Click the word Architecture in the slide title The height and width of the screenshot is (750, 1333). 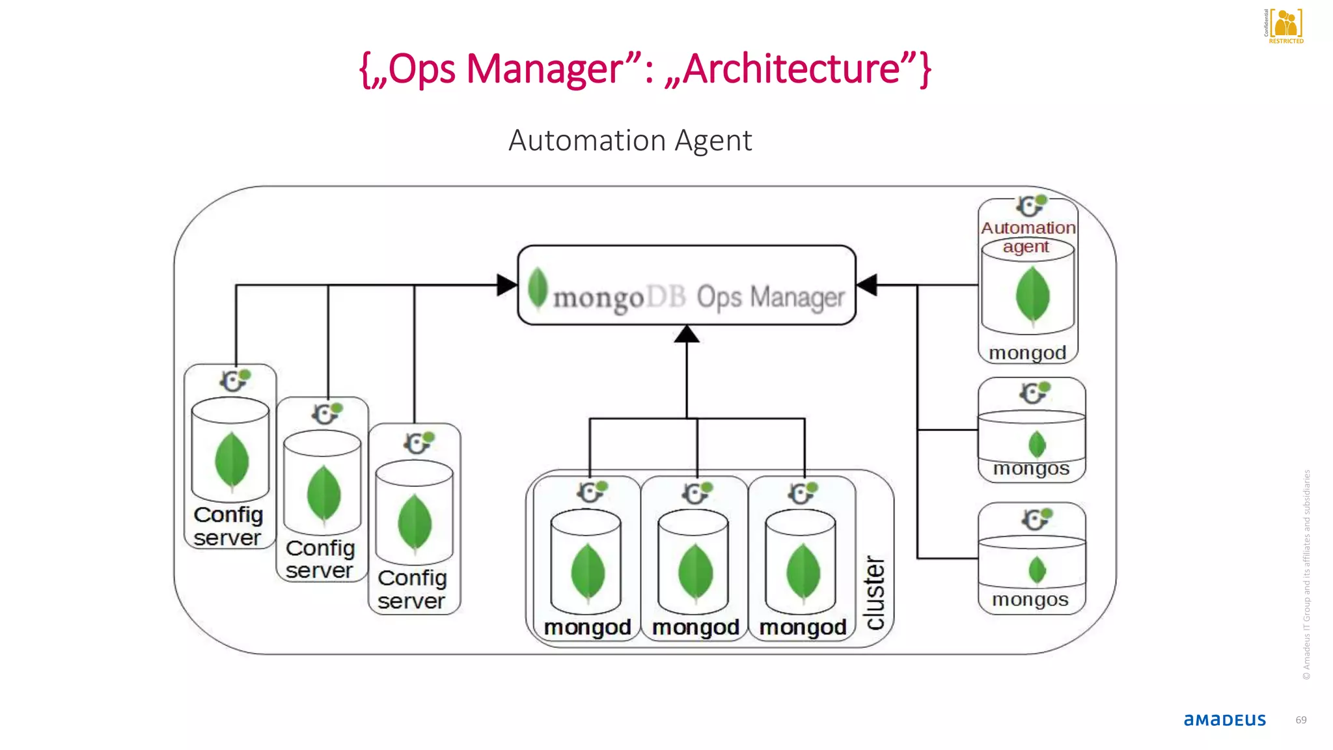(x=791, y=69)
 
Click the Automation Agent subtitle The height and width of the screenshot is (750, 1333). (x=629, y=141)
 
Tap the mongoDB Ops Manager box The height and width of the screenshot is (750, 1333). (x=686, y=285)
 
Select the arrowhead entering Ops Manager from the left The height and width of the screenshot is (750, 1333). (x=506, y=285)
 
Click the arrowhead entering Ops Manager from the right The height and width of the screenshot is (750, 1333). (x=867, y=285)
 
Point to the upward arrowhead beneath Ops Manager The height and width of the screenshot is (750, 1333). (x=686, y=334)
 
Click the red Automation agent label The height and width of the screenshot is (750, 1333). (x=1028, y=236)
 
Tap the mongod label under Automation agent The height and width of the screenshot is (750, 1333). (x=1027, y=353)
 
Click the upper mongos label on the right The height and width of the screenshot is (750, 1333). (x=1031, y=469)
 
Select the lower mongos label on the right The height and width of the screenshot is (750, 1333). (x=1030, y=600)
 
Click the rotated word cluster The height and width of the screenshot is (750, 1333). (x=875, y=592)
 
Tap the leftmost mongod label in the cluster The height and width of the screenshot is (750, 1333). (x=587, y=627)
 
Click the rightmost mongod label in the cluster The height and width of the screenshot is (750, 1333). (x=803, y=627)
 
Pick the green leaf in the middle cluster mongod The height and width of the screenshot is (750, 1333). (x=694, y=572)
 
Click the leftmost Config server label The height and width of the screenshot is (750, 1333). (x=228, y=526)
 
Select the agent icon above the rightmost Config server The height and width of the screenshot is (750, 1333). (x=418, y=443)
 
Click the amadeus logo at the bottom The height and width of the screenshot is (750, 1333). (x=1224, y=720)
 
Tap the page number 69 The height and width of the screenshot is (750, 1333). (x=1300, y=720)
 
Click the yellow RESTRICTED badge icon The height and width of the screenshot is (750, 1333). (x=1285, y=25)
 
